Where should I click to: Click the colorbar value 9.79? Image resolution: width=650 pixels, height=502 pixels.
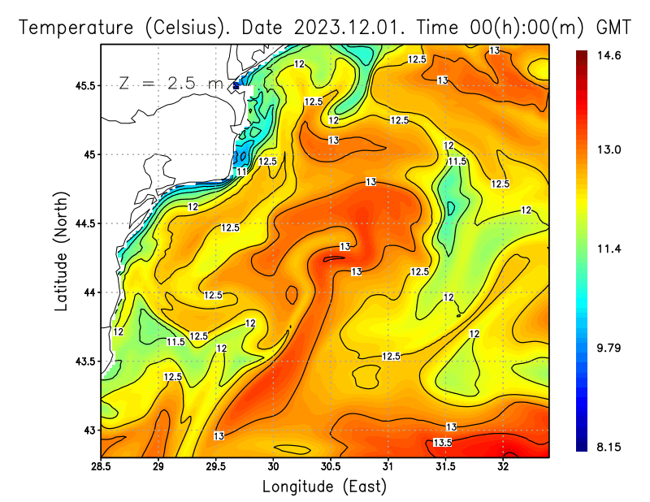point(609,348)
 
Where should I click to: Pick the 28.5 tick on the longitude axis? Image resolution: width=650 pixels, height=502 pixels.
point(101,467)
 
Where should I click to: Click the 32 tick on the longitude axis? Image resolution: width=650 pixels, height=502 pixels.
point(503,467)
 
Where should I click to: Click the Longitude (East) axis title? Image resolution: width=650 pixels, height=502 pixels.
point(324,486)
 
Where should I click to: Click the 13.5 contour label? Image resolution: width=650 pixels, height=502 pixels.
point(442,443)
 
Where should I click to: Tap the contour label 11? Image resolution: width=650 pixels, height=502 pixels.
point(241,172)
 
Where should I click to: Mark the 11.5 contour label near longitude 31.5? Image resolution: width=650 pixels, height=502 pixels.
point(457,162)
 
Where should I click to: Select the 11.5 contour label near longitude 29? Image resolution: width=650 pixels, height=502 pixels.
point(175,342)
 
